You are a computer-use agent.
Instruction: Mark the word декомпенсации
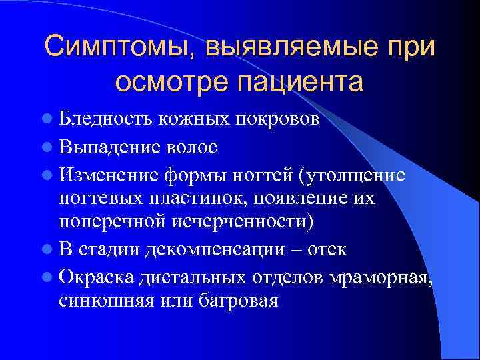pyautogui.click(x=221, y=249)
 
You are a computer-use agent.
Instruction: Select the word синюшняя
pyautogui.click(x=106, y=301)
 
